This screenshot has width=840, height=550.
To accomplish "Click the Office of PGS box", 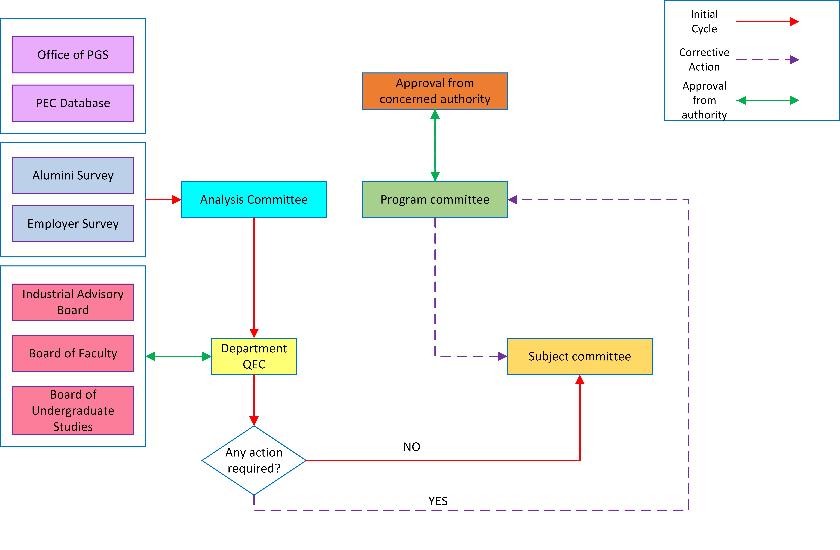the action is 73,55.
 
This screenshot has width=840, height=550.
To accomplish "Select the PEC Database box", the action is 73,103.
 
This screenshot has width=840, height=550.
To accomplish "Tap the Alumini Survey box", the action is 73,175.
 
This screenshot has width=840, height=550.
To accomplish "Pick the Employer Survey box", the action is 73,224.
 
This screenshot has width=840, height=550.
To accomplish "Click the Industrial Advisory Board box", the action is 73,302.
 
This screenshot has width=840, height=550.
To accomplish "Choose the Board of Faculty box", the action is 73,353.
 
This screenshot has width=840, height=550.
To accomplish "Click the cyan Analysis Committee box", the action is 254,200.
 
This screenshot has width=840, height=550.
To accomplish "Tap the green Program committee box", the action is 435,200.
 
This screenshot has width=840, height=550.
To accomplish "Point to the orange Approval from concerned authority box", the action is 435,91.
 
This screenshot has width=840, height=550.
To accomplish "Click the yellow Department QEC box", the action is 254,356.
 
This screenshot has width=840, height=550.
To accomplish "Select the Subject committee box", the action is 580,356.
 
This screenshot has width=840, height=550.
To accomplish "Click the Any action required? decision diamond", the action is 254,460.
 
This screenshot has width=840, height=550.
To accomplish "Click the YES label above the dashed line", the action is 438,501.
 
